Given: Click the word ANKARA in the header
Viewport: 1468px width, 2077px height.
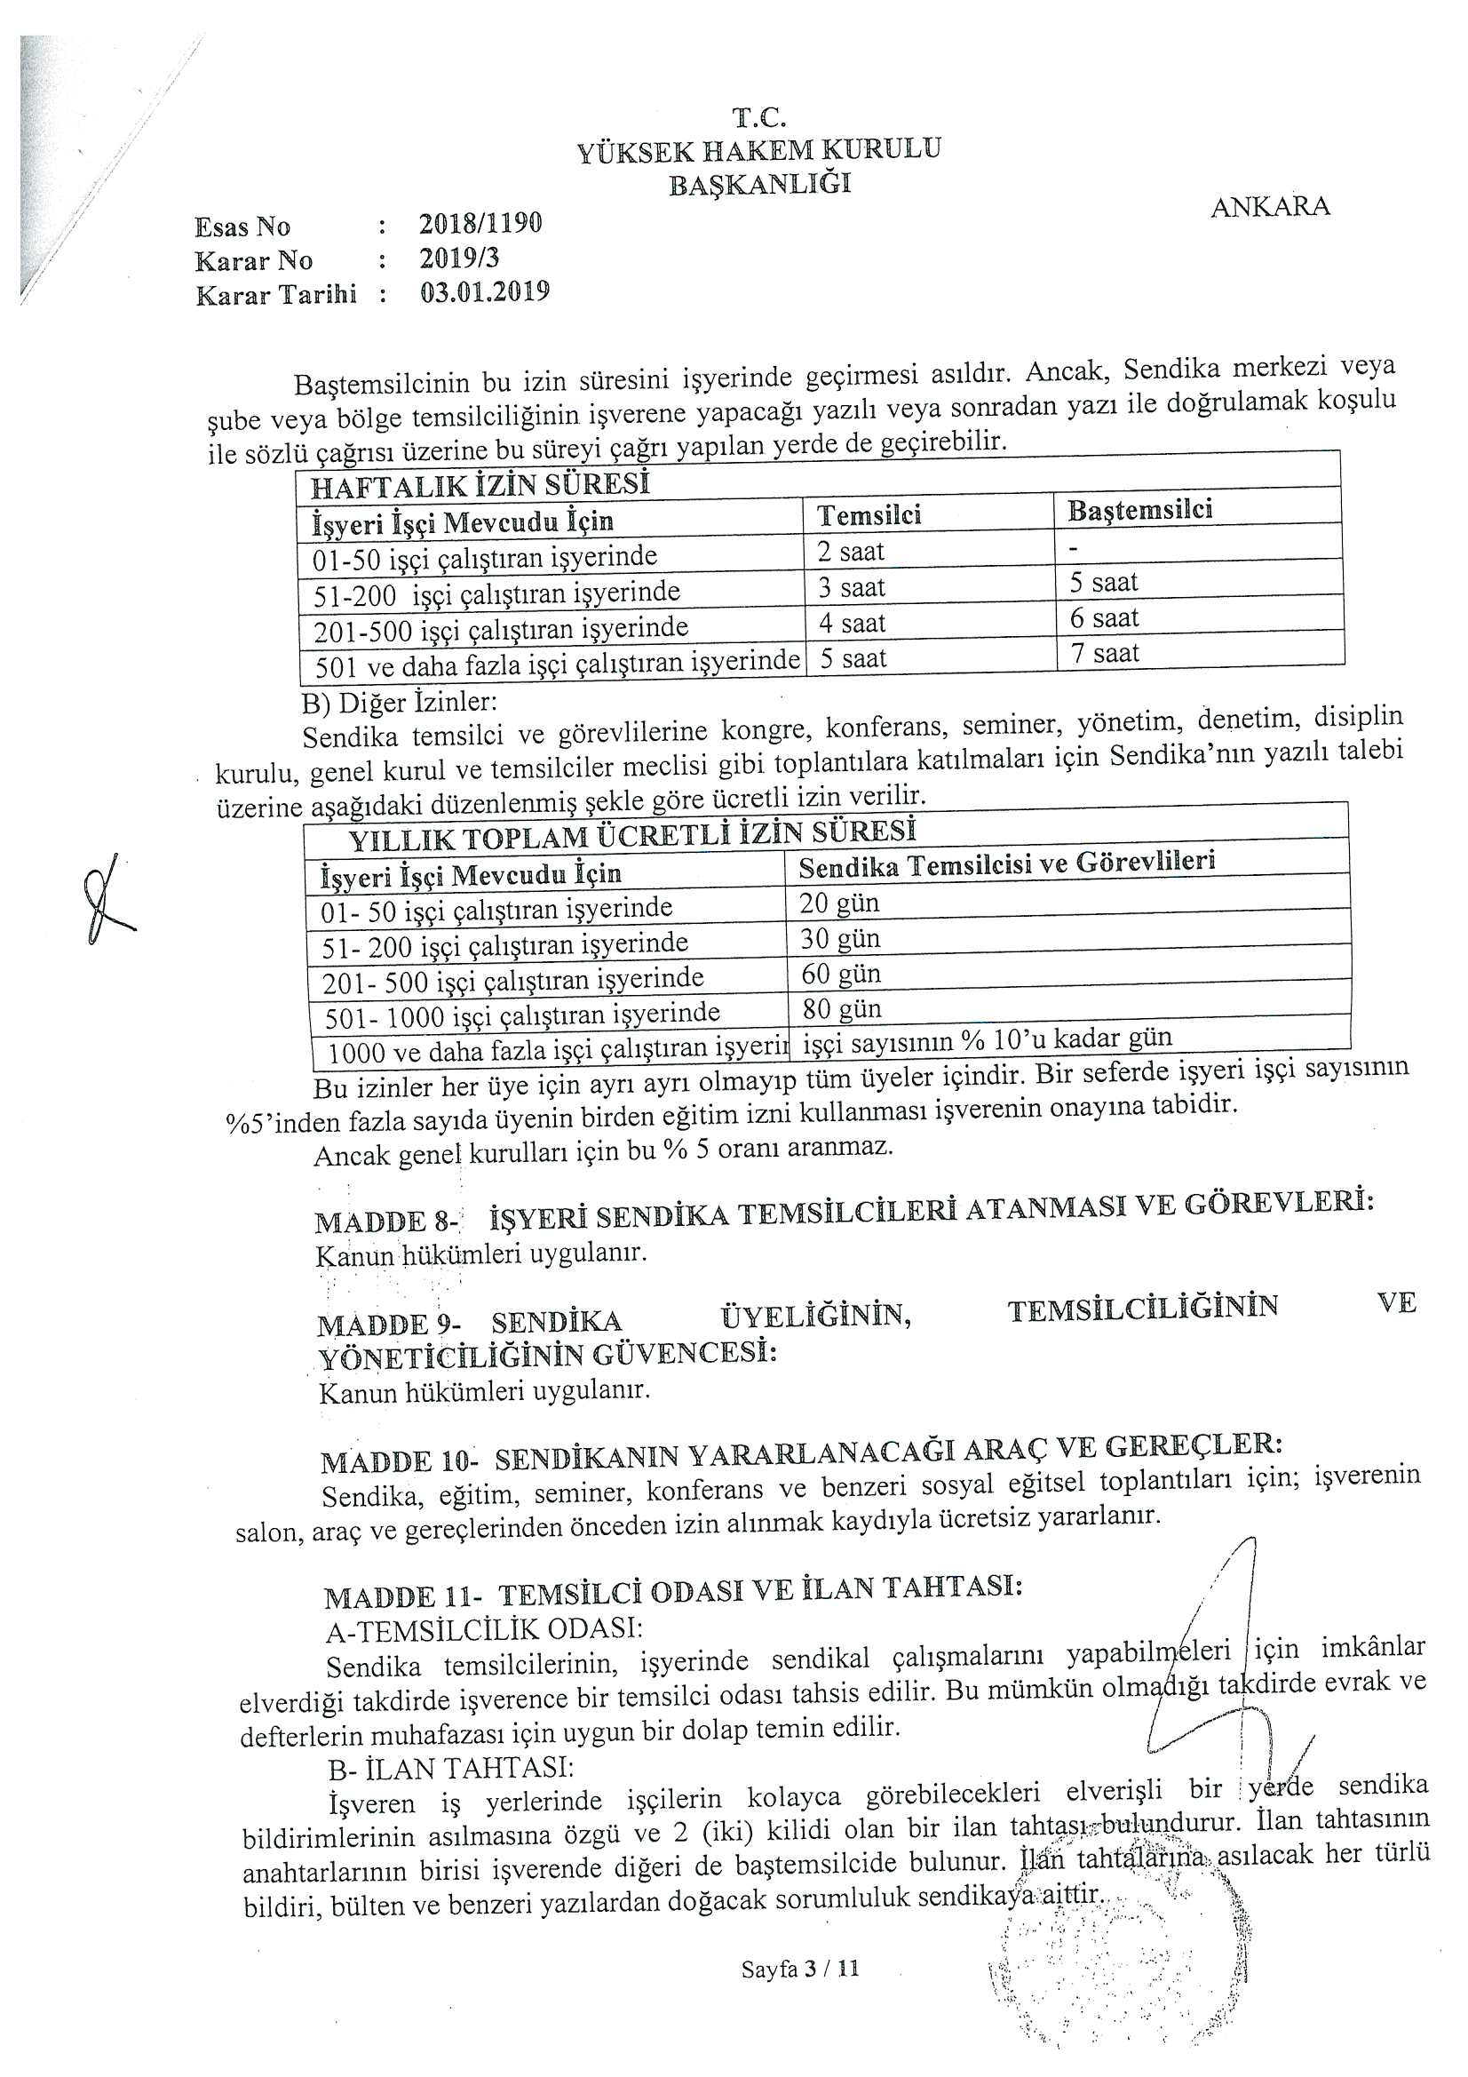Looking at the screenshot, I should [1270, 206].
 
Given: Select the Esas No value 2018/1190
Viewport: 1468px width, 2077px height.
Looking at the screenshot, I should [480, 222].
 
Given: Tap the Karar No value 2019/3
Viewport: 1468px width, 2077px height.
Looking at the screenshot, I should [458, 258].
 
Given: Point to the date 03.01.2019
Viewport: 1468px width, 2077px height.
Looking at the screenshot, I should [485, 292].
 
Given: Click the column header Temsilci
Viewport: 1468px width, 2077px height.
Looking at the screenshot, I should [869, 514].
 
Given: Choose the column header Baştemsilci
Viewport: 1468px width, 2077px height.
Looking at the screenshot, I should [1139, 509].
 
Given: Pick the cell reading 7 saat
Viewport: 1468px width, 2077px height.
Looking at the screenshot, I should [1106, 652].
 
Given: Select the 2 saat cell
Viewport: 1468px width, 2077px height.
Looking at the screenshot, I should [851, 551].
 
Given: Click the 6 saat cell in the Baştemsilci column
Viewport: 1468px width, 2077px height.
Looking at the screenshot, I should [1105, 617].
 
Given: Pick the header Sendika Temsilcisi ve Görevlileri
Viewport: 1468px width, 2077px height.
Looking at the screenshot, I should [1006, 863].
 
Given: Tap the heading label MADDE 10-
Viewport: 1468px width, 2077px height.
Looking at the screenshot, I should [399, 1460].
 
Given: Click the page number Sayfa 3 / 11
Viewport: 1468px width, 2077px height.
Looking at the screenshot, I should [799, 1969].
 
